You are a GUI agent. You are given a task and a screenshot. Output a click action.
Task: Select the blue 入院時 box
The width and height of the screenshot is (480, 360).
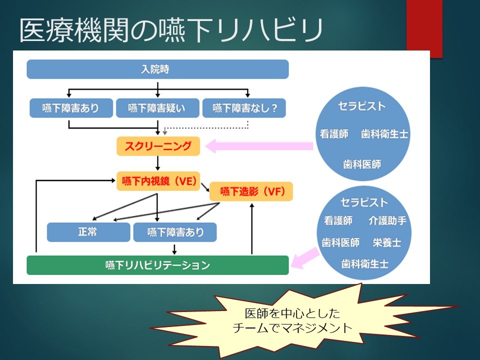click(157, 69)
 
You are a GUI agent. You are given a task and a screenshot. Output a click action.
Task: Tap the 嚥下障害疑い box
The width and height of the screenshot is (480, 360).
click(157, 108)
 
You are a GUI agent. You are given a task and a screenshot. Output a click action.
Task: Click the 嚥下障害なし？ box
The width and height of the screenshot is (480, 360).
click(244, 108)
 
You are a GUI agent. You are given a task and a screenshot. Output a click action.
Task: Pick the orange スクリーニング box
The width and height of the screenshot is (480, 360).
click(158, 146)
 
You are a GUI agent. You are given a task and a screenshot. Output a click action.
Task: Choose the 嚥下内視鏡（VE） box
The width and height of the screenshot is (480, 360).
click(158, 181)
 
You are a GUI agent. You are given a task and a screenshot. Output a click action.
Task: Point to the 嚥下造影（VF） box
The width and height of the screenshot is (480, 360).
click(251, 191)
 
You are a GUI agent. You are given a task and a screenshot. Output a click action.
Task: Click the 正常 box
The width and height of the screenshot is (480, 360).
click(88, 232)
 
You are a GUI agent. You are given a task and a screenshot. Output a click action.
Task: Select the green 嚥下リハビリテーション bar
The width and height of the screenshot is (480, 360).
click(157, 265)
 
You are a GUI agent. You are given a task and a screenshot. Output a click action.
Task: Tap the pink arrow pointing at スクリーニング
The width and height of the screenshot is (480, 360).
click(259, 146)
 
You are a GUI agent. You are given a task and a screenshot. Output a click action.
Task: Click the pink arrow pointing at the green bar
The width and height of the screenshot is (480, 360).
click(305, 258)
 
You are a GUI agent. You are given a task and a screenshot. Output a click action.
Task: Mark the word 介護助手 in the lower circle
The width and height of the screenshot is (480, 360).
click(387, 220)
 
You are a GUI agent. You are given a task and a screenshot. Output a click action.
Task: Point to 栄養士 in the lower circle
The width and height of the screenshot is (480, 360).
click(386, 242)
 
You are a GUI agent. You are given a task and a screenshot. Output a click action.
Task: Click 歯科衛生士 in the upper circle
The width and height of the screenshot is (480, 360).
click(384, 134)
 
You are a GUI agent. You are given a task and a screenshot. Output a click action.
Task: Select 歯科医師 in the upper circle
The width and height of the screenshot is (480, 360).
click(362, 164)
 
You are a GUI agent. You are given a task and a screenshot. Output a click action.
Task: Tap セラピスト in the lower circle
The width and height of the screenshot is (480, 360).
click(364, 202)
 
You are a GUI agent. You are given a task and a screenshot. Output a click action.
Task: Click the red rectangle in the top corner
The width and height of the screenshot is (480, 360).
click(424, 28)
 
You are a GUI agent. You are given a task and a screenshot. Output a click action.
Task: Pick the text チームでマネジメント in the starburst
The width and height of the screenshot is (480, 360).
click(292, 328)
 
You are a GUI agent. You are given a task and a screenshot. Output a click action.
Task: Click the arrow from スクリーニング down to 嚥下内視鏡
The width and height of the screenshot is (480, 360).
click(157, 163)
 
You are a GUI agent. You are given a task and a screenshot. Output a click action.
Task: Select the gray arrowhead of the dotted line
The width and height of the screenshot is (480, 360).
click(164, 133)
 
